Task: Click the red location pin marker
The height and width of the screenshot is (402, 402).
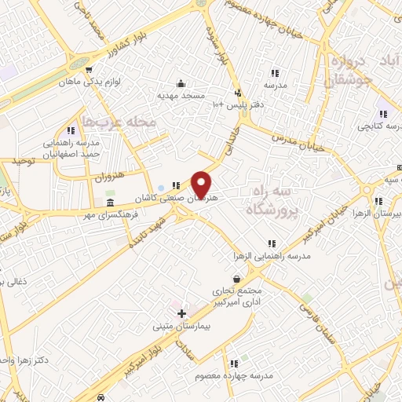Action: [202, 184]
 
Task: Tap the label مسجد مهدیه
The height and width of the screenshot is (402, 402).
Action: [181, 96]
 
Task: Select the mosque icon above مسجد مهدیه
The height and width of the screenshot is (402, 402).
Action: [181, 84]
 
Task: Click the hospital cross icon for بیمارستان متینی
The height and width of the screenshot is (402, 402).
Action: [182, 313]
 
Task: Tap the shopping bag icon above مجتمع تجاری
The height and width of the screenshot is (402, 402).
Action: [237, 278]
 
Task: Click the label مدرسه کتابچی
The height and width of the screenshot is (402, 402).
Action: [378, 126]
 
